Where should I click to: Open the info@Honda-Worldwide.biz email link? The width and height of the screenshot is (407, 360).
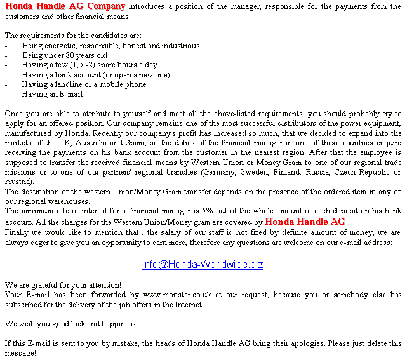point(203,265)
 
